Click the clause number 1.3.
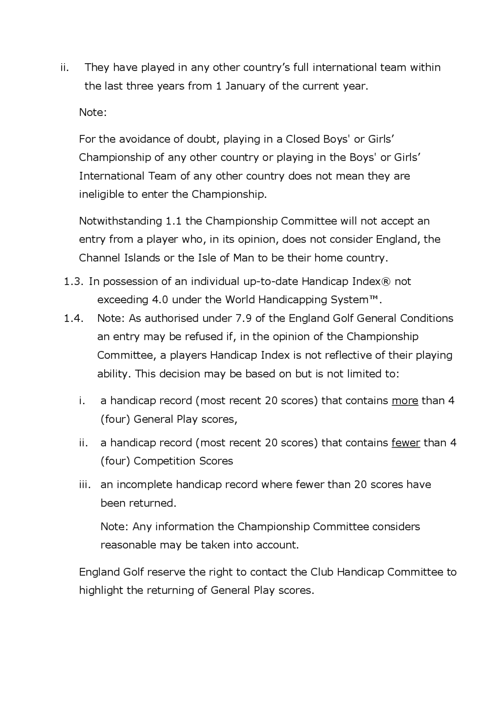point(73,281)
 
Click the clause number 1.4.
point(73,318)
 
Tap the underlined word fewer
point(406,443)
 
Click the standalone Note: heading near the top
point(93,112)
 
